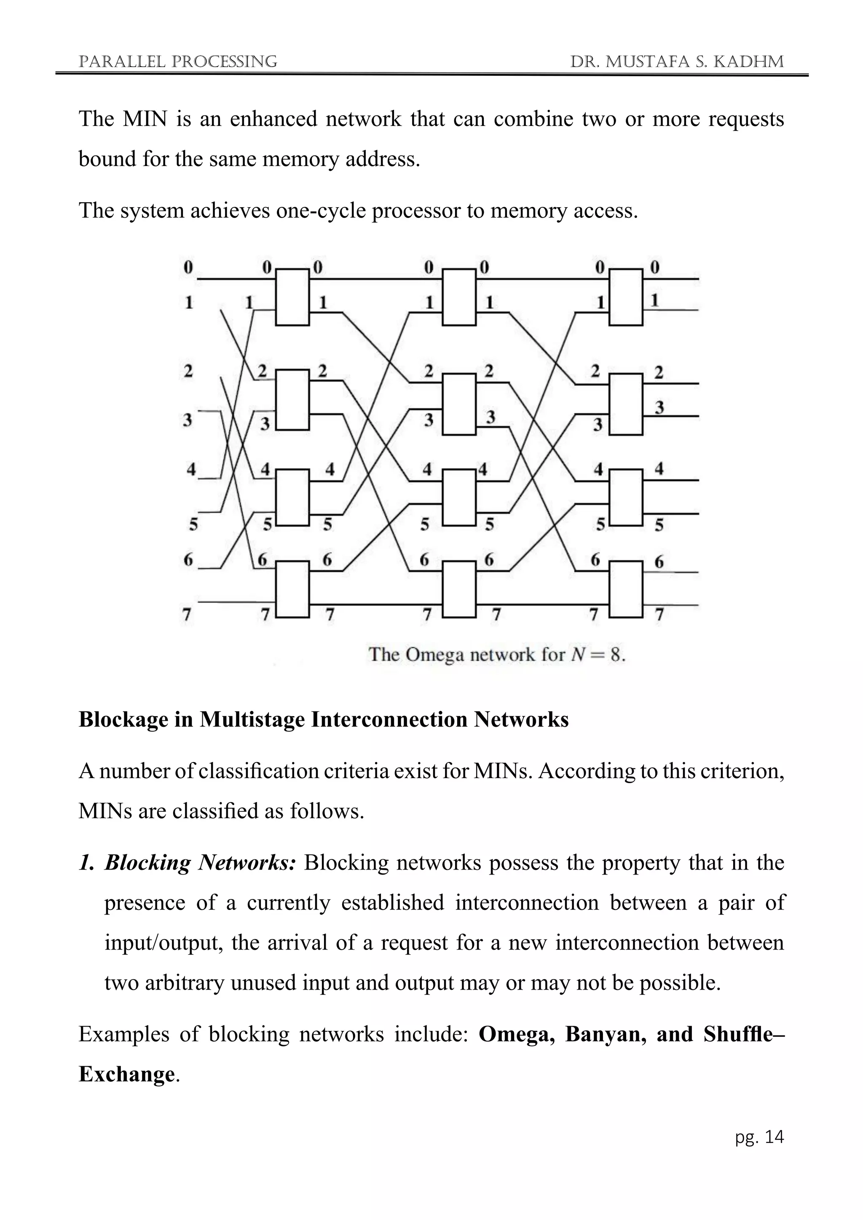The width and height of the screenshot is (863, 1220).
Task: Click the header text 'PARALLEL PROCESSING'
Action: (177, 62)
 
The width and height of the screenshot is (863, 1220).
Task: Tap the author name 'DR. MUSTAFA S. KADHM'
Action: (676, 62)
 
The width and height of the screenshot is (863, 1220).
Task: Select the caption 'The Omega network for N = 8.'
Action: (497, 654)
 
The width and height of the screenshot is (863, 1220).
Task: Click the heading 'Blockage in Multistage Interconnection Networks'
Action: (323, 720)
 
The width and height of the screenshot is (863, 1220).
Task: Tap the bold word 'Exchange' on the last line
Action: (126, 1074)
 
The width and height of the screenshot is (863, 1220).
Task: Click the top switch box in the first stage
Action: (292, 297)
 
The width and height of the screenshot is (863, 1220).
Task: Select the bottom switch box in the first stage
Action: (292, 589)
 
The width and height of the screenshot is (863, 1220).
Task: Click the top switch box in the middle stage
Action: (459, 297)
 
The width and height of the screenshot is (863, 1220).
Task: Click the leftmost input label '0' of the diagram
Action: (188, 267)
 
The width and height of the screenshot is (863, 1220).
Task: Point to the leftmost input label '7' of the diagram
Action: (187, 615)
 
